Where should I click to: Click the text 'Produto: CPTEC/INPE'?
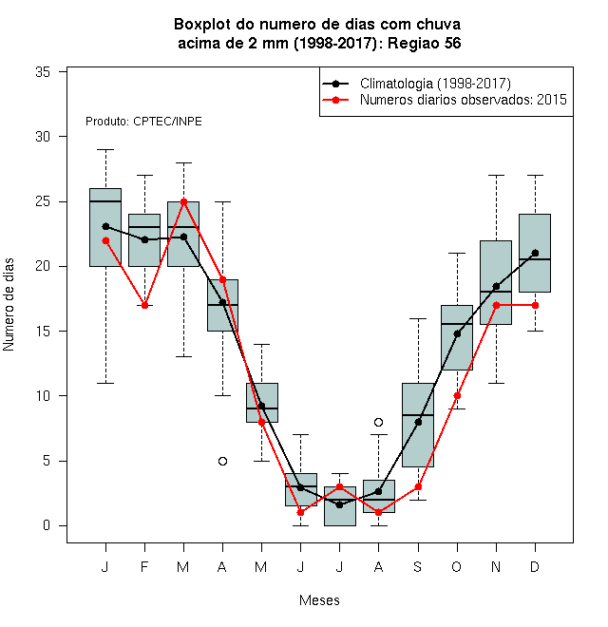[x=143, y=122]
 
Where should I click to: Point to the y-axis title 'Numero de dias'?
[x=9, y=305]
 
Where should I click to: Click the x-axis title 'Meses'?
[x=319, y=600]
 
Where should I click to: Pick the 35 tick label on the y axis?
[x=43, y=72]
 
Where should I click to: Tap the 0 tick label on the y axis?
[x=47, y=525]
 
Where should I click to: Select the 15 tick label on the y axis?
[x=43, y=332]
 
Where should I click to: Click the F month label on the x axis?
[x=144, y=566]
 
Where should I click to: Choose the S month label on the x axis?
[x=418, y=566]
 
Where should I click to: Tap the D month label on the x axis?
[x=535, y=566]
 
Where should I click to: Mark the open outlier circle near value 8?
[x=378, y=422]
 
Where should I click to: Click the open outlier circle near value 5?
[x=223, y=461]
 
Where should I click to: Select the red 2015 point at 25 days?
[x=183, y=201]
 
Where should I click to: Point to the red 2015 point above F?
[x=144, y=306]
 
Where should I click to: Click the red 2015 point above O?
[x=457, y=396]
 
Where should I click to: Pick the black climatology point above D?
[x=535, y=253]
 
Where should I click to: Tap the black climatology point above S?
[x=418, y=422]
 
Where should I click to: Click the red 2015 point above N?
[x=497, y=306]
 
